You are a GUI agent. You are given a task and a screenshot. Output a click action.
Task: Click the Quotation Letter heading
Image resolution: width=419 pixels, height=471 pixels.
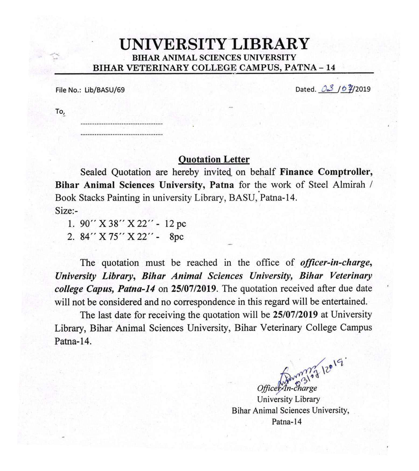pyautogui.click(x=214, y=159)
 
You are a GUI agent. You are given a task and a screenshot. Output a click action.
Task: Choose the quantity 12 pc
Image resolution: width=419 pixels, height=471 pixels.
pyautogui.click(x=175, y=224)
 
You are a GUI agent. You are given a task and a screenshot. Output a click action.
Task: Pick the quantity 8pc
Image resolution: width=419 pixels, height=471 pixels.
pyautogui.click(x=177, y=237)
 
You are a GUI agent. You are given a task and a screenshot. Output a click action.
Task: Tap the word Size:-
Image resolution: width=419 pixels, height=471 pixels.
pyautogui.click(x=66, y=211)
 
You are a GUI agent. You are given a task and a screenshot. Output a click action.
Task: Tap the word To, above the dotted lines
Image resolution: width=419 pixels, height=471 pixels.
pyautogui.click(x=60, y=112)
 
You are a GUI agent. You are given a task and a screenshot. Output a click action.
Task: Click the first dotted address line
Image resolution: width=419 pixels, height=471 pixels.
pyautogui.click(x=121, y=124)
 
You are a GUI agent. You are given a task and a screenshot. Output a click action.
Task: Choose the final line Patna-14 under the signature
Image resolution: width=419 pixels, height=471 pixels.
pyautogui.click(x=287, y=421)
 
